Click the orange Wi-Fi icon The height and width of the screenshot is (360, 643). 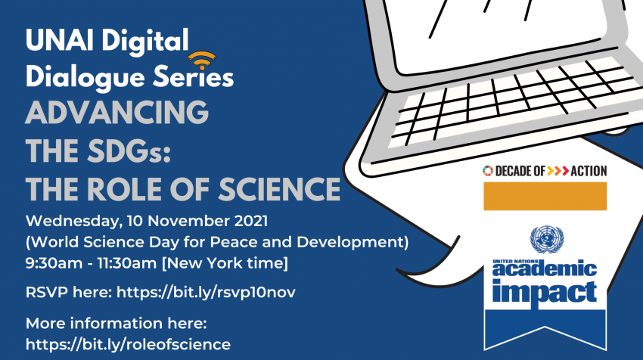[x=202, y=61]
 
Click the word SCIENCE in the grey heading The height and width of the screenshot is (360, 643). [x=279, y=189]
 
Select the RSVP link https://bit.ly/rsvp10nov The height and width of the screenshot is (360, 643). [x=206, y=293]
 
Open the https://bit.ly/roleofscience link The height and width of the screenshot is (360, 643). [x=128, y=344]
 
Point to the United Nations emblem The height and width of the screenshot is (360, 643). [x=547, y=240]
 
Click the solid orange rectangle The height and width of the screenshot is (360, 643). [x=545, y=197]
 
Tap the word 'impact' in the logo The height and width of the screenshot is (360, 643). [x=545, y=293]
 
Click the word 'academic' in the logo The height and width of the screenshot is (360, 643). [x=545, y=269]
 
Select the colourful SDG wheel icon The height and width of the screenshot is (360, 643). [x=488, y=171]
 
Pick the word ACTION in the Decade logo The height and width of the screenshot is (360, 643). [x=589, y=171]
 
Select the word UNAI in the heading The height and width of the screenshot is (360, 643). [x=60, y=41]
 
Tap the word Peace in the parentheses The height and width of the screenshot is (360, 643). [x=238, y=242]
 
